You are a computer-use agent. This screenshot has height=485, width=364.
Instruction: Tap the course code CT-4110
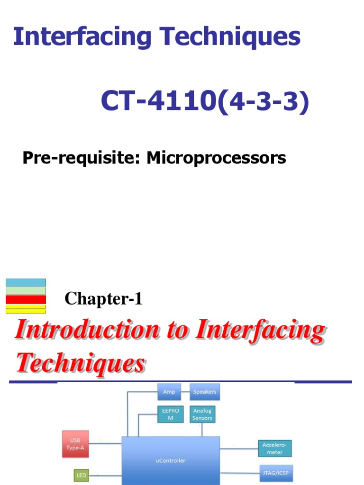pyautogui.click(x=159, y=101)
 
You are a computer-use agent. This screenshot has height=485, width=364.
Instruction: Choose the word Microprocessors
pyautogui.click(x=216, y=158)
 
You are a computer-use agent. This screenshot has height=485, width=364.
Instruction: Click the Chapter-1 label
pyautogui.click(x=103, y=299)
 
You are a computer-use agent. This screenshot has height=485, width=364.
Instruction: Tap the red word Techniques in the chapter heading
pyautogui.click(x=80, y=364)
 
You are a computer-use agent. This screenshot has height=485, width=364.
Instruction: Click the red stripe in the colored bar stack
pyautogui.click(x=26, y=299)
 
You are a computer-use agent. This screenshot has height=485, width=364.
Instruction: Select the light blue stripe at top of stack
pyautogui.click(x=26, y=282)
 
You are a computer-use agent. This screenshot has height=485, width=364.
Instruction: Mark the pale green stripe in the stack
pyautogui.click(x=26, y=291)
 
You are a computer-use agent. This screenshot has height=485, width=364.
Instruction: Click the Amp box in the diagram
pyautogui.click(x=169, y=392)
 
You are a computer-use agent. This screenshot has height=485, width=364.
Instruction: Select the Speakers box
pyautogui.click(x=205, y=392)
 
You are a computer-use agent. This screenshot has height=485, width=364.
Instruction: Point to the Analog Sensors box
pyautogui.click(x=202, y=414)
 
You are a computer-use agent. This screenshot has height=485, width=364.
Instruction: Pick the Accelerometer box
pyautogui.click(x=274, y=449)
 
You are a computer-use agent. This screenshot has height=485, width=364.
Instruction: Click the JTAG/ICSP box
pyautogui.click(x=275, y=473)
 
